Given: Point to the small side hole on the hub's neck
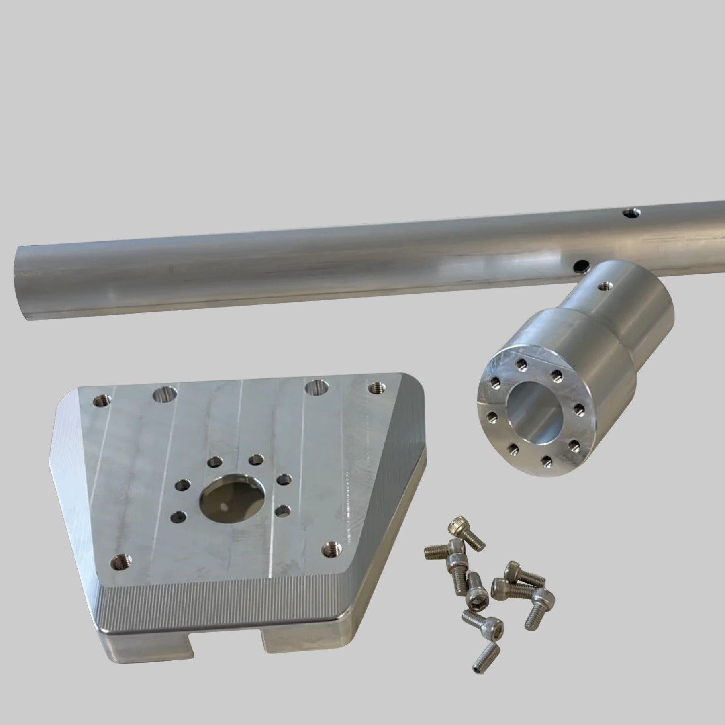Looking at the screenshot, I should tap(602, 286).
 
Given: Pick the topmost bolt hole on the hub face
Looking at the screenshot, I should tap(521, 365).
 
